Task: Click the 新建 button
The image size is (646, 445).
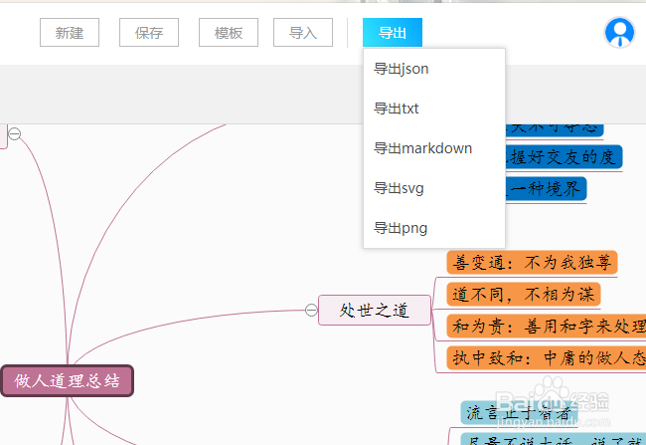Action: [70, 33]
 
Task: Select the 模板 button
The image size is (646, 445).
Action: [229, 33]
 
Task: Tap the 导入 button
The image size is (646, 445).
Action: [303, 33]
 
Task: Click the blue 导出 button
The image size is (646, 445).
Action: [393, 33]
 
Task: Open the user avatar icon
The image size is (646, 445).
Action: [619, 33]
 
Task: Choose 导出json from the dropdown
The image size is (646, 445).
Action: [402, 69]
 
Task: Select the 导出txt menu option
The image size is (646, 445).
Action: [397, 109]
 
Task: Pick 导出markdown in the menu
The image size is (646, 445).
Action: [422, 148]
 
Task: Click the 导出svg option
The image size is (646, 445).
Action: [400, 188]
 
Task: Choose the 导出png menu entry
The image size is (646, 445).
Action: [401, 228]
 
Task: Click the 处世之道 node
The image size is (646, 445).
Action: [375, 311]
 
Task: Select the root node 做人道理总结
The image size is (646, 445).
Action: [68, 380]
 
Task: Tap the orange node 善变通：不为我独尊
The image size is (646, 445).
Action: [532, 263]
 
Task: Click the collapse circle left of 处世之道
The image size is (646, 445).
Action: [311, 311]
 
